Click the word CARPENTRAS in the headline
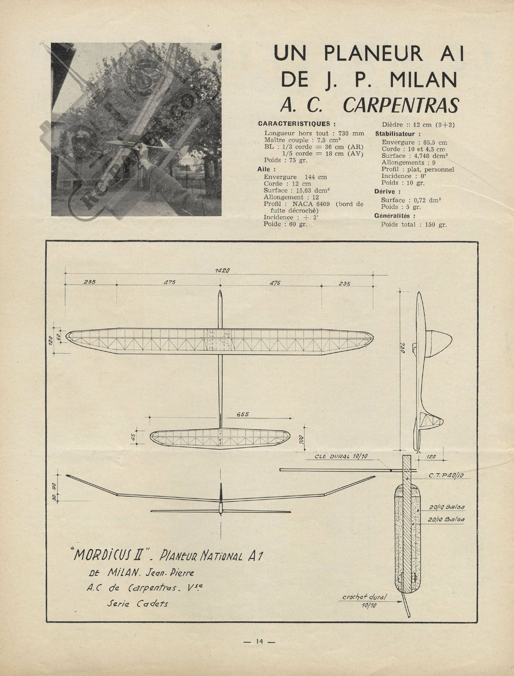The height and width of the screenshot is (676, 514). [x=401, y=106]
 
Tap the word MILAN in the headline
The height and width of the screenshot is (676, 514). [x=423, y=79]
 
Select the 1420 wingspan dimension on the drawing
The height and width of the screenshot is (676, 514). [x=222, y=271]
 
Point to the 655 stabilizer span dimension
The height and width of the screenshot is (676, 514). [x=242, y=414]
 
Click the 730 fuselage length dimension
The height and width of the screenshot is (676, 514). [x=403, y=348]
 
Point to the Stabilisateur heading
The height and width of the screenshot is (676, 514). [x=397, y=134]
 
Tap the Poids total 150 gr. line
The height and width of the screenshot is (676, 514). [x=414, y=224]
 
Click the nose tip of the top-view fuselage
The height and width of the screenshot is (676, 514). [x=220, y=291]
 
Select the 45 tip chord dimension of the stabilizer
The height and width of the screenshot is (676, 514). [x=134, y=437]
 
